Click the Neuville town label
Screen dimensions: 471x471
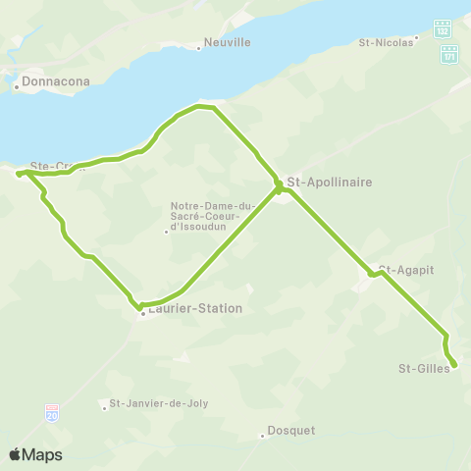point(229,43)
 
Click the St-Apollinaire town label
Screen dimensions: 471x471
point(330,183)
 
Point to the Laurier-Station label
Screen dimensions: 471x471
point(195,308)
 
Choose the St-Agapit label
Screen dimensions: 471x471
point(406,269)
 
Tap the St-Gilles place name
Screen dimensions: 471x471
point(424,369)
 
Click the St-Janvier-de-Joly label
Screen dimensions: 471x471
point(159,403)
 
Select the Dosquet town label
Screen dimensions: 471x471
point(292,432)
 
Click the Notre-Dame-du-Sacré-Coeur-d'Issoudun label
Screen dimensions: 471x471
point(212,216)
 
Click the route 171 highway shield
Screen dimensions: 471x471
point(448,56)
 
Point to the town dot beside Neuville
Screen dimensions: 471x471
point(199,48)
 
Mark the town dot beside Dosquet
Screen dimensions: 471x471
point(263,436)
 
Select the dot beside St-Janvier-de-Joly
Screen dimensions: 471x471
point(104,407)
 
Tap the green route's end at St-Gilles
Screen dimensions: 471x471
point(454,366)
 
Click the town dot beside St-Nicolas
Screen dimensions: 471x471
point(417,38)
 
